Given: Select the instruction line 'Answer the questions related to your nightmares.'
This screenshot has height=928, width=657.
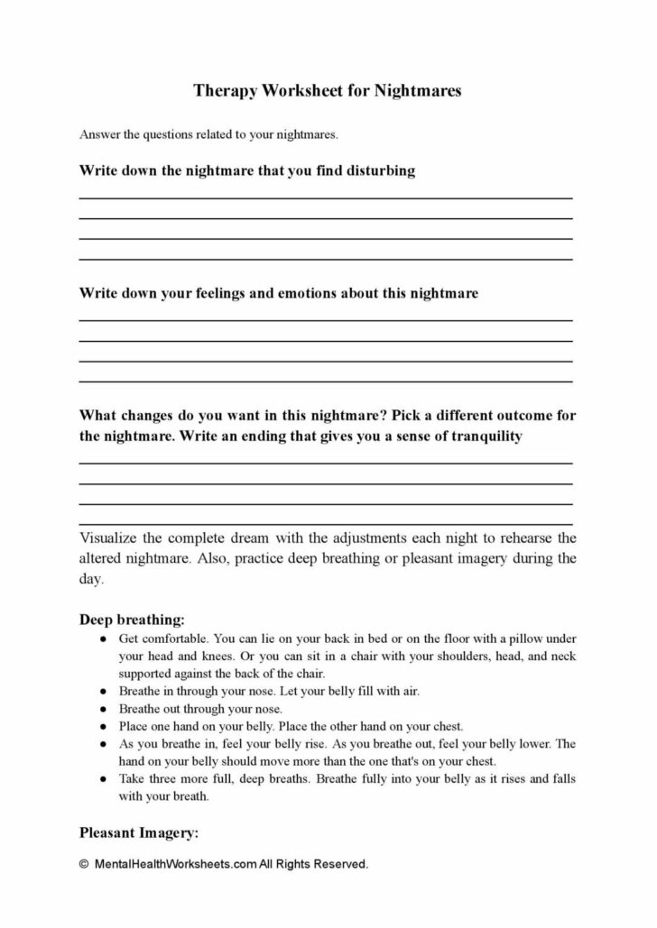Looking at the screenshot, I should tap(208, 135).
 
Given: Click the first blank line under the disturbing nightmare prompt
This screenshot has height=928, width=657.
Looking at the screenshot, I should tap(326, 197).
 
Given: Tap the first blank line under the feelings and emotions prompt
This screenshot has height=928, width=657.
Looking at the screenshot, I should tap(326, 319).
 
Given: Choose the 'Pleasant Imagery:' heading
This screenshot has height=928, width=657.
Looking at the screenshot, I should tap(139, 832).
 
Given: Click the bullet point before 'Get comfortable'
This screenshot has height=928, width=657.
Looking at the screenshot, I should tap(104, 639).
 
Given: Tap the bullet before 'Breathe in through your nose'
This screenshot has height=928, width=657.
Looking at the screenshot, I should tap(104, 691).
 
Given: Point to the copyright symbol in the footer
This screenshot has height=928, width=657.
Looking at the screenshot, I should tap(84, 864).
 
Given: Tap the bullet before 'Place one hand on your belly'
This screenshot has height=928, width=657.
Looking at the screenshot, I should tap(104, 726).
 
